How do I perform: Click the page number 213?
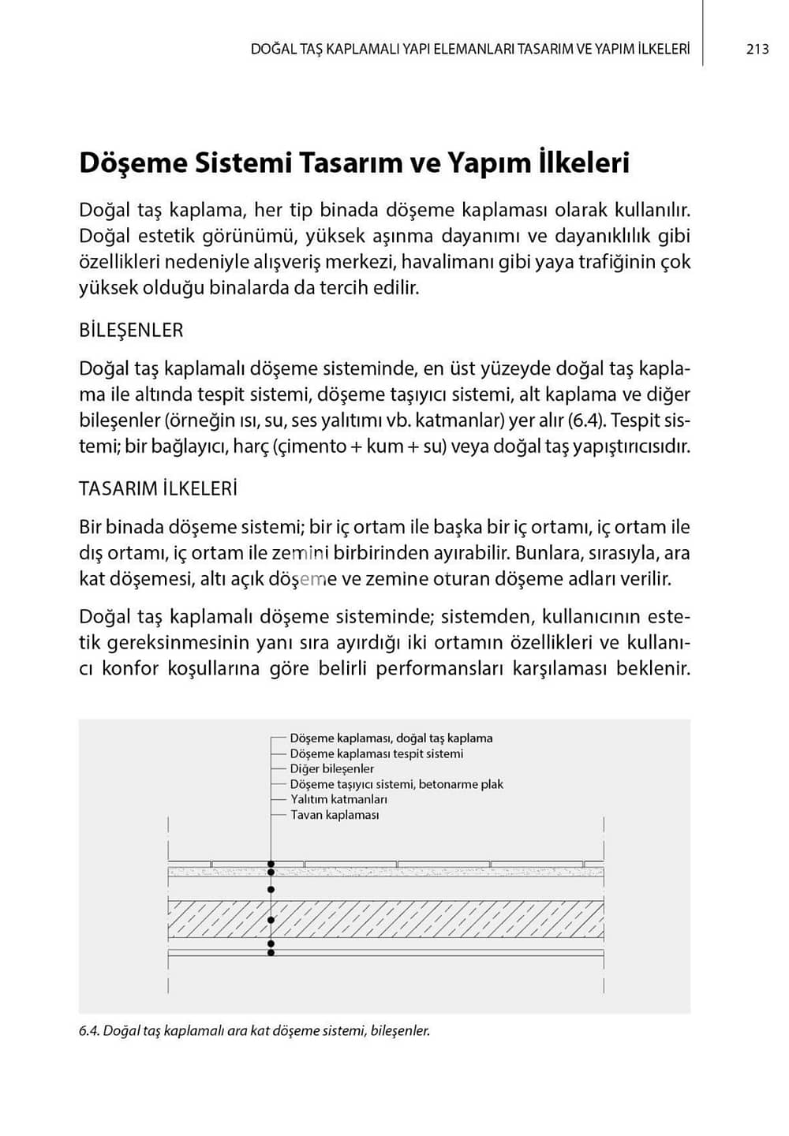(757, 49)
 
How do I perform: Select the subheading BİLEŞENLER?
(131, 331)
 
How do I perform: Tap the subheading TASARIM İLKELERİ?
(158, 489)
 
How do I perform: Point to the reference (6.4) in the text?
(586, 420)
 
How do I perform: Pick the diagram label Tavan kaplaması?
(335, 815)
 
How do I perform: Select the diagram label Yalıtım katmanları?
(338, 799)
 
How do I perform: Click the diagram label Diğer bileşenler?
(332, 768)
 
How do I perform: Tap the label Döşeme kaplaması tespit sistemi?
(376, 753)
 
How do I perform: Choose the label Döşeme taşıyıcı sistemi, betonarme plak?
(396, 784)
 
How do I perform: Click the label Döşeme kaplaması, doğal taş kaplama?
(391, 738)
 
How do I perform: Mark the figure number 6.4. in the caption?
(89, 1031)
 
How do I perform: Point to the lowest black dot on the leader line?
(271, 953)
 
